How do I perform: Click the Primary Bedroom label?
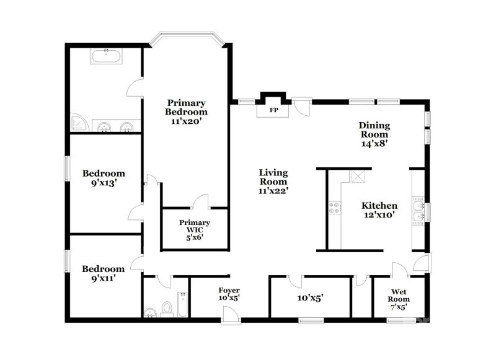[186, 112]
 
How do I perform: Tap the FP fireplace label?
[273, 111]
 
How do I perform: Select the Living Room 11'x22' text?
[273, 182]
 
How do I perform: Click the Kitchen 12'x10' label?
[379, 210]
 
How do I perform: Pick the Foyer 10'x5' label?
[229, 294]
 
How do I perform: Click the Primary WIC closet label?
[194, 229]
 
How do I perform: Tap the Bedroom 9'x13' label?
[104, 178]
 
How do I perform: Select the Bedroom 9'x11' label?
[104, 273]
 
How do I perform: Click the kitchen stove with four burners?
[334, 207]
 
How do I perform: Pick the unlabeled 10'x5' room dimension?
[310, 298]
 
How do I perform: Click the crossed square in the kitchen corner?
[358, 177]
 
